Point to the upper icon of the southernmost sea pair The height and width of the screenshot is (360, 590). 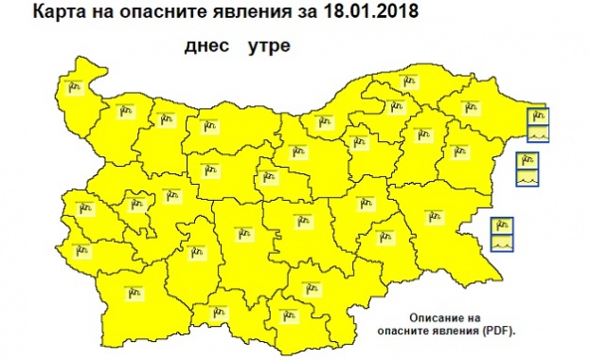click(503, 225)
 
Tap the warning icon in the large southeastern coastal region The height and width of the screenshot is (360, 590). click(437, 216)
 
